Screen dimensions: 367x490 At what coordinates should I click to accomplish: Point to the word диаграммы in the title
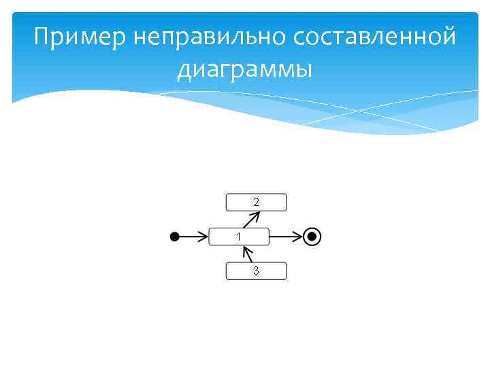pyautogui.click(x=245, y=69)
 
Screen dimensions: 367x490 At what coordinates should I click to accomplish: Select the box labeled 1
pyautogui.click(x=238, y=237)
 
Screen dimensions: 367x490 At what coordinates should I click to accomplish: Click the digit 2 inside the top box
pyautogui.click(x=256, y=202)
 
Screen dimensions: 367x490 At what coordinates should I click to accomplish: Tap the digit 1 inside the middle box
pyautogui.click(x=238, y=237)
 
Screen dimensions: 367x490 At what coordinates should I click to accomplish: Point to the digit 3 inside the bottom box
pyautogui.click(x=256, y=270)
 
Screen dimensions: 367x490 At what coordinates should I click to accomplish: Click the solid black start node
pyautogui.click(x=175, y=237)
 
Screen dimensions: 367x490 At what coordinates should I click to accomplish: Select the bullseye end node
pyautogui.click(x=312, y=237)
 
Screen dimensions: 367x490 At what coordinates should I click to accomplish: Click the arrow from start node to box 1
pyautogui.click(x=192, y=237)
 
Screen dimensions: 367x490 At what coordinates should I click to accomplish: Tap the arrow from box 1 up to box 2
pyautogui.click(x=251, y=220)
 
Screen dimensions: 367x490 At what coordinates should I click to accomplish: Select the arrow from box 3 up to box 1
pyautogui.click(x=248, y=254)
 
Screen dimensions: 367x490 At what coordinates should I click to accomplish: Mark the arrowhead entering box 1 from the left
pyautogui.click(x=203, y=237)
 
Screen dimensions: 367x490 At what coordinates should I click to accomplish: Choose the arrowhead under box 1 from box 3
pyautogui.click(x=246, y=249)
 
